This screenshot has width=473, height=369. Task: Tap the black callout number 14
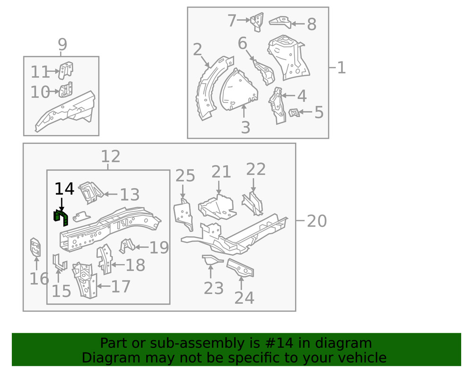click(64, 189)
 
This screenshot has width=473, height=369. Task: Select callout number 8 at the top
click(311, 24)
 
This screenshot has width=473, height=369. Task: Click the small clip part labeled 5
click(294, 112)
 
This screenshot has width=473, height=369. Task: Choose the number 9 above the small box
click(62, 44)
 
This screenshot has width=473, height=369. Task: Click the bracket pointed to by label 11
click(66, 70)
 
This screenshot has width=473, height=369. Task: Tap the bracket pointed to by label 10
click(66, 89)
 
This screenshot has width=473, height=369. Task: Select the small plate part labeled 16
click(35, 247)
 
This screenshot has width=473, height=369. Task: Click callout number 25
click(185, 176)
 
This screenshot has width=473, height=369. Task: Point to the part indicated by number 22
click(253, 204)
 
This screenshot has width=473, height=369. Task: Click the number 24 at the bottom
click(244, 298)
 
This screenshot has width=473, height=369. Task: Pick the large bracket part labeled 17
click(85, 281)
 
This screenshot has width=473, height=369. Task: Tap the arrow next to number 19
click(141, 247)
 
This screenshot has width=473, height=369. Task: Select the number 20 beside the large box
click(316, 221)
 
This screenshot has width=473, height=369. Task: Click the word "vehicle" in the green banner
click(362, 357)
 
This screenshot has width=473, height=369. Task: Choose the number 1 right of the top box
click(341, 68)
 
